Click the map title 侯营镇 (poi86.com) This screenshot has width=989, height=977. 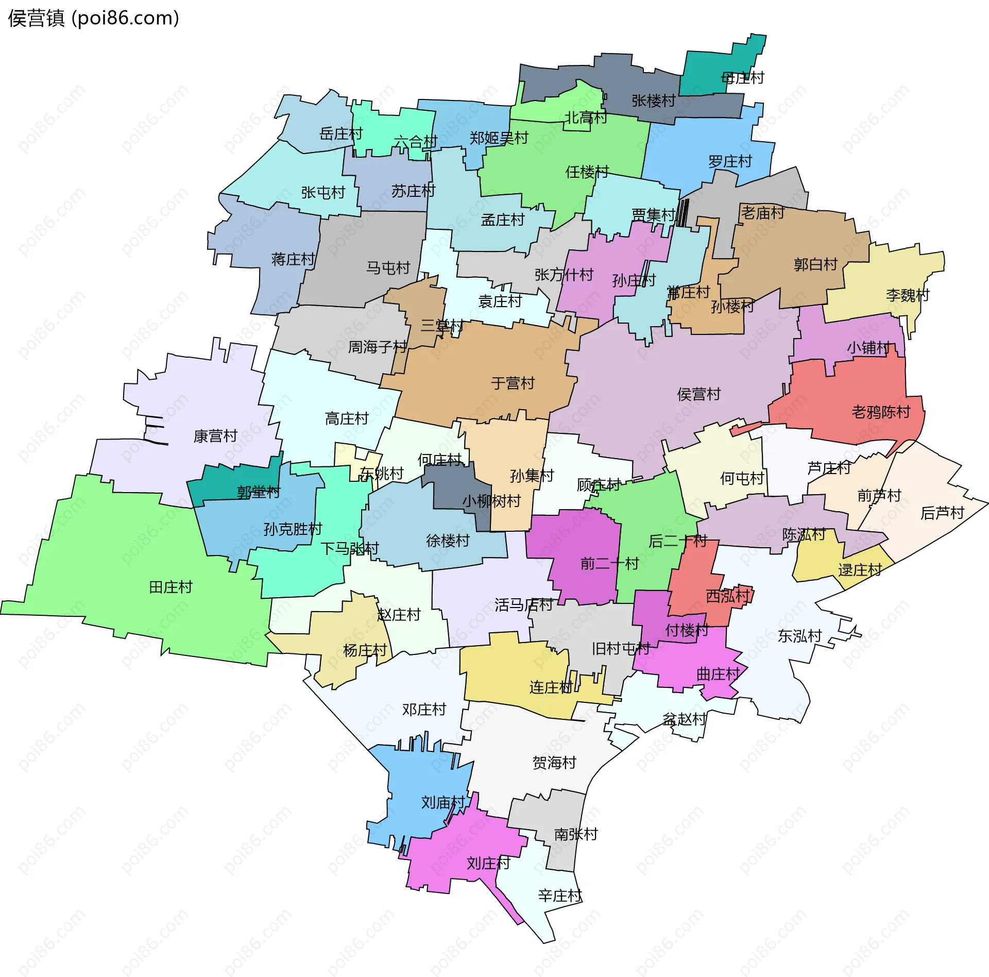93,18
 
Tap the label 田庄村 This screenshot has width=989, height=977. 170,587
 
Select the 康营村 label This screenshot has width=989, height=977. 215,436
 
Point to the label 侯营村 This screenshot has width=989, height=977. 698,394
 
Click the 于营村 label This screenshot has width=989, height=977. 513,383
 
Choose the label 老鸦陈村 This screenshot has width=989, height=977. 881,412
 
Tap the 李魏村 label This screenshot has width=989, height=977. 908,295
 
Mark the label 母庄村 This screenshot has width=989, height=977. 742,78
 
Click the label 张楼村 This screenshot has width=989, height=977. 653,100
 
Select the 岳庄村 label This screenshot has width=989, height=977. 341,134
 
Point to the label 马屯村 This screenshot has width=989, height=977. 388,267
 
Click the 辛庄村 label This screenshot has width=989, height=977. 560,896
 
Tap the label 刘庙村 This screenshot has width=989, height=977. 443,802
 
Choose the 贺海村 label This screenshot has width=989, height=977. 554,762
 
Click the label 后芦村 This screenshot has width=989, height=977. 942,513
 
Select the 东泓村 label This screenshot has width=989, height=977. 799,636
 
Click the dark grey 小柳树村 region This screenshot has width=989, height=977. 453,490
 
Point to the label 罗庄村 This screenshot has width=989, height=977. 730,161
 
